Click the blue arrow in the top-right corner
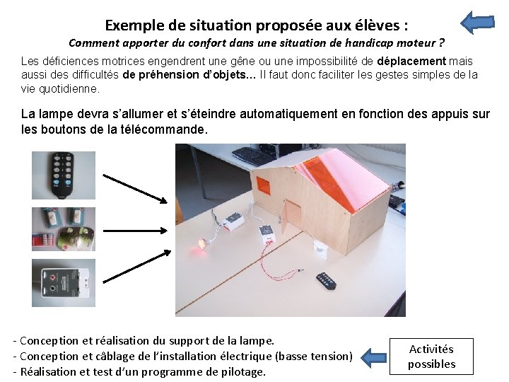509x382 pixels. [477, 23]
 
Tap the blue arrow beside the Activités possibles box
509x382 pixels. [374, 358]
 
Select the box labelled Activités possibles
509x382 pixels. [431, 357]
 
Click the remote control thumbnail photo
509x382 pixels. [64, 175]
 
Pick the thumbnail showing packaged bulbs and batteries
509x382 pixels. [64, 229]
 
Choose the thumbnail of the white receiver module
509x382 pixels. [64, 283]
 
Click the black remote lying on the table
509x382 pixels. [326, 281]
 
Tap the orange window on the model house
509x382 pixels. [263, 185]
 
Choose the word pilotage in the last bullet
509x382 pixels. [243, 372]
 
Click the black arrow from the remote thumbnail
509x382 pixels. [135, 189]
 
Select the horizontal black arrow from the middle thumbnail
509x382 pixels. [135, 231]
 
